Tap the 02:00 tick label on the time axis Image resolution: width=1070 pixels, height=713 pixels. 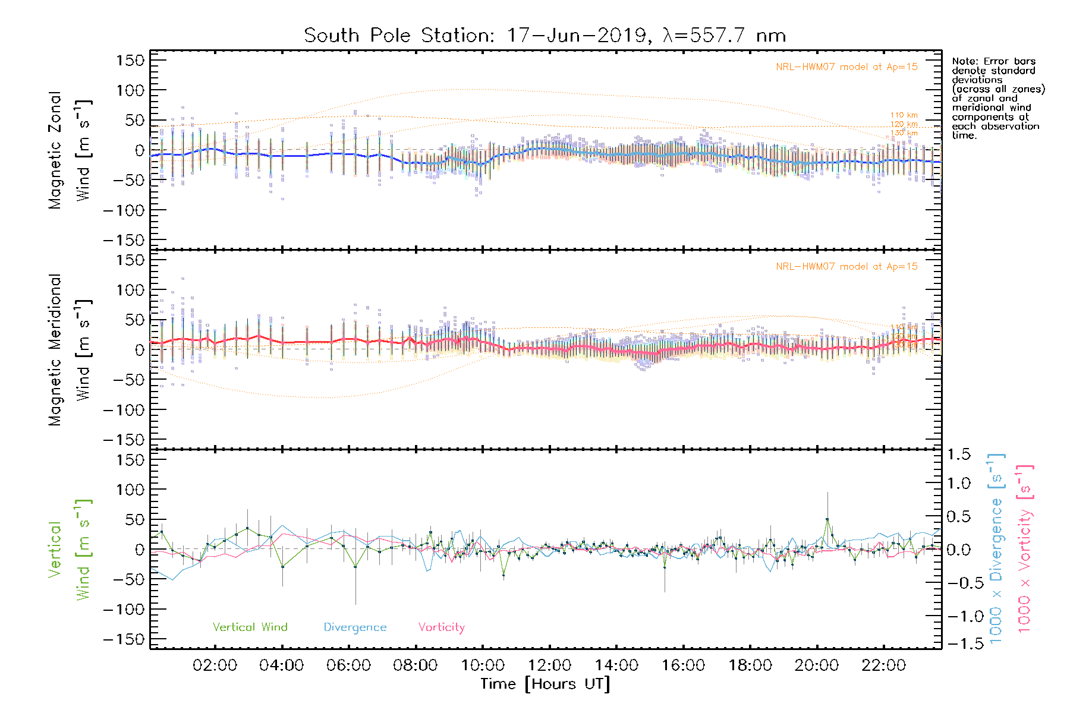(215, 665)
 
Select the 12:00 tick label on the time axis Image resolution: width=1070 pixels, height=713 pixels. (549, 665)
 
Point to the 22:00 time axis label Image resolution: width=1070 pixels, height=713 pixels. (883, 665)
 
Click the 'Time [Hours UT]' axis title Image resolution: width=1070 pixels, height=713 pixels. (545, 684)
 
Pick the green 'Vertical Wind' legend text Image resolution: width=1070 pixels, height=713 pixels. (250, 627)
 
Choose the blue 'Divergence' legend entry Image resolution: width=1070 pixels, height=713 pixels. (355, 627)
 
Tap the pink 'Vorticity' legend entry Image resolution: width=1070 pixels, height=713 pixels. (441, 627)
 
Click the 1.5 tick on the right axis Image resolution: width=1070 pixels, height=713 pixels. (958, 455)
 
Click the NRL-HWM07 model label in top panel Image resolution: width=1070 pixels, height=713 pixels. (846, 67)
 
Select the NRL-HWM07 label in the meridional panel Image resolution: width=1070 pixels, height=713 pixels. (846, 267)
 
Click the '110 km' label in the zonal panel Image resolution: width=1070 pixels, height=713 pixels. (904, 115)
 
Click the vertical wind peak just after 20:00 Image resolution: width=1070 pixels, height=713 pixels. (827, 520)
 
